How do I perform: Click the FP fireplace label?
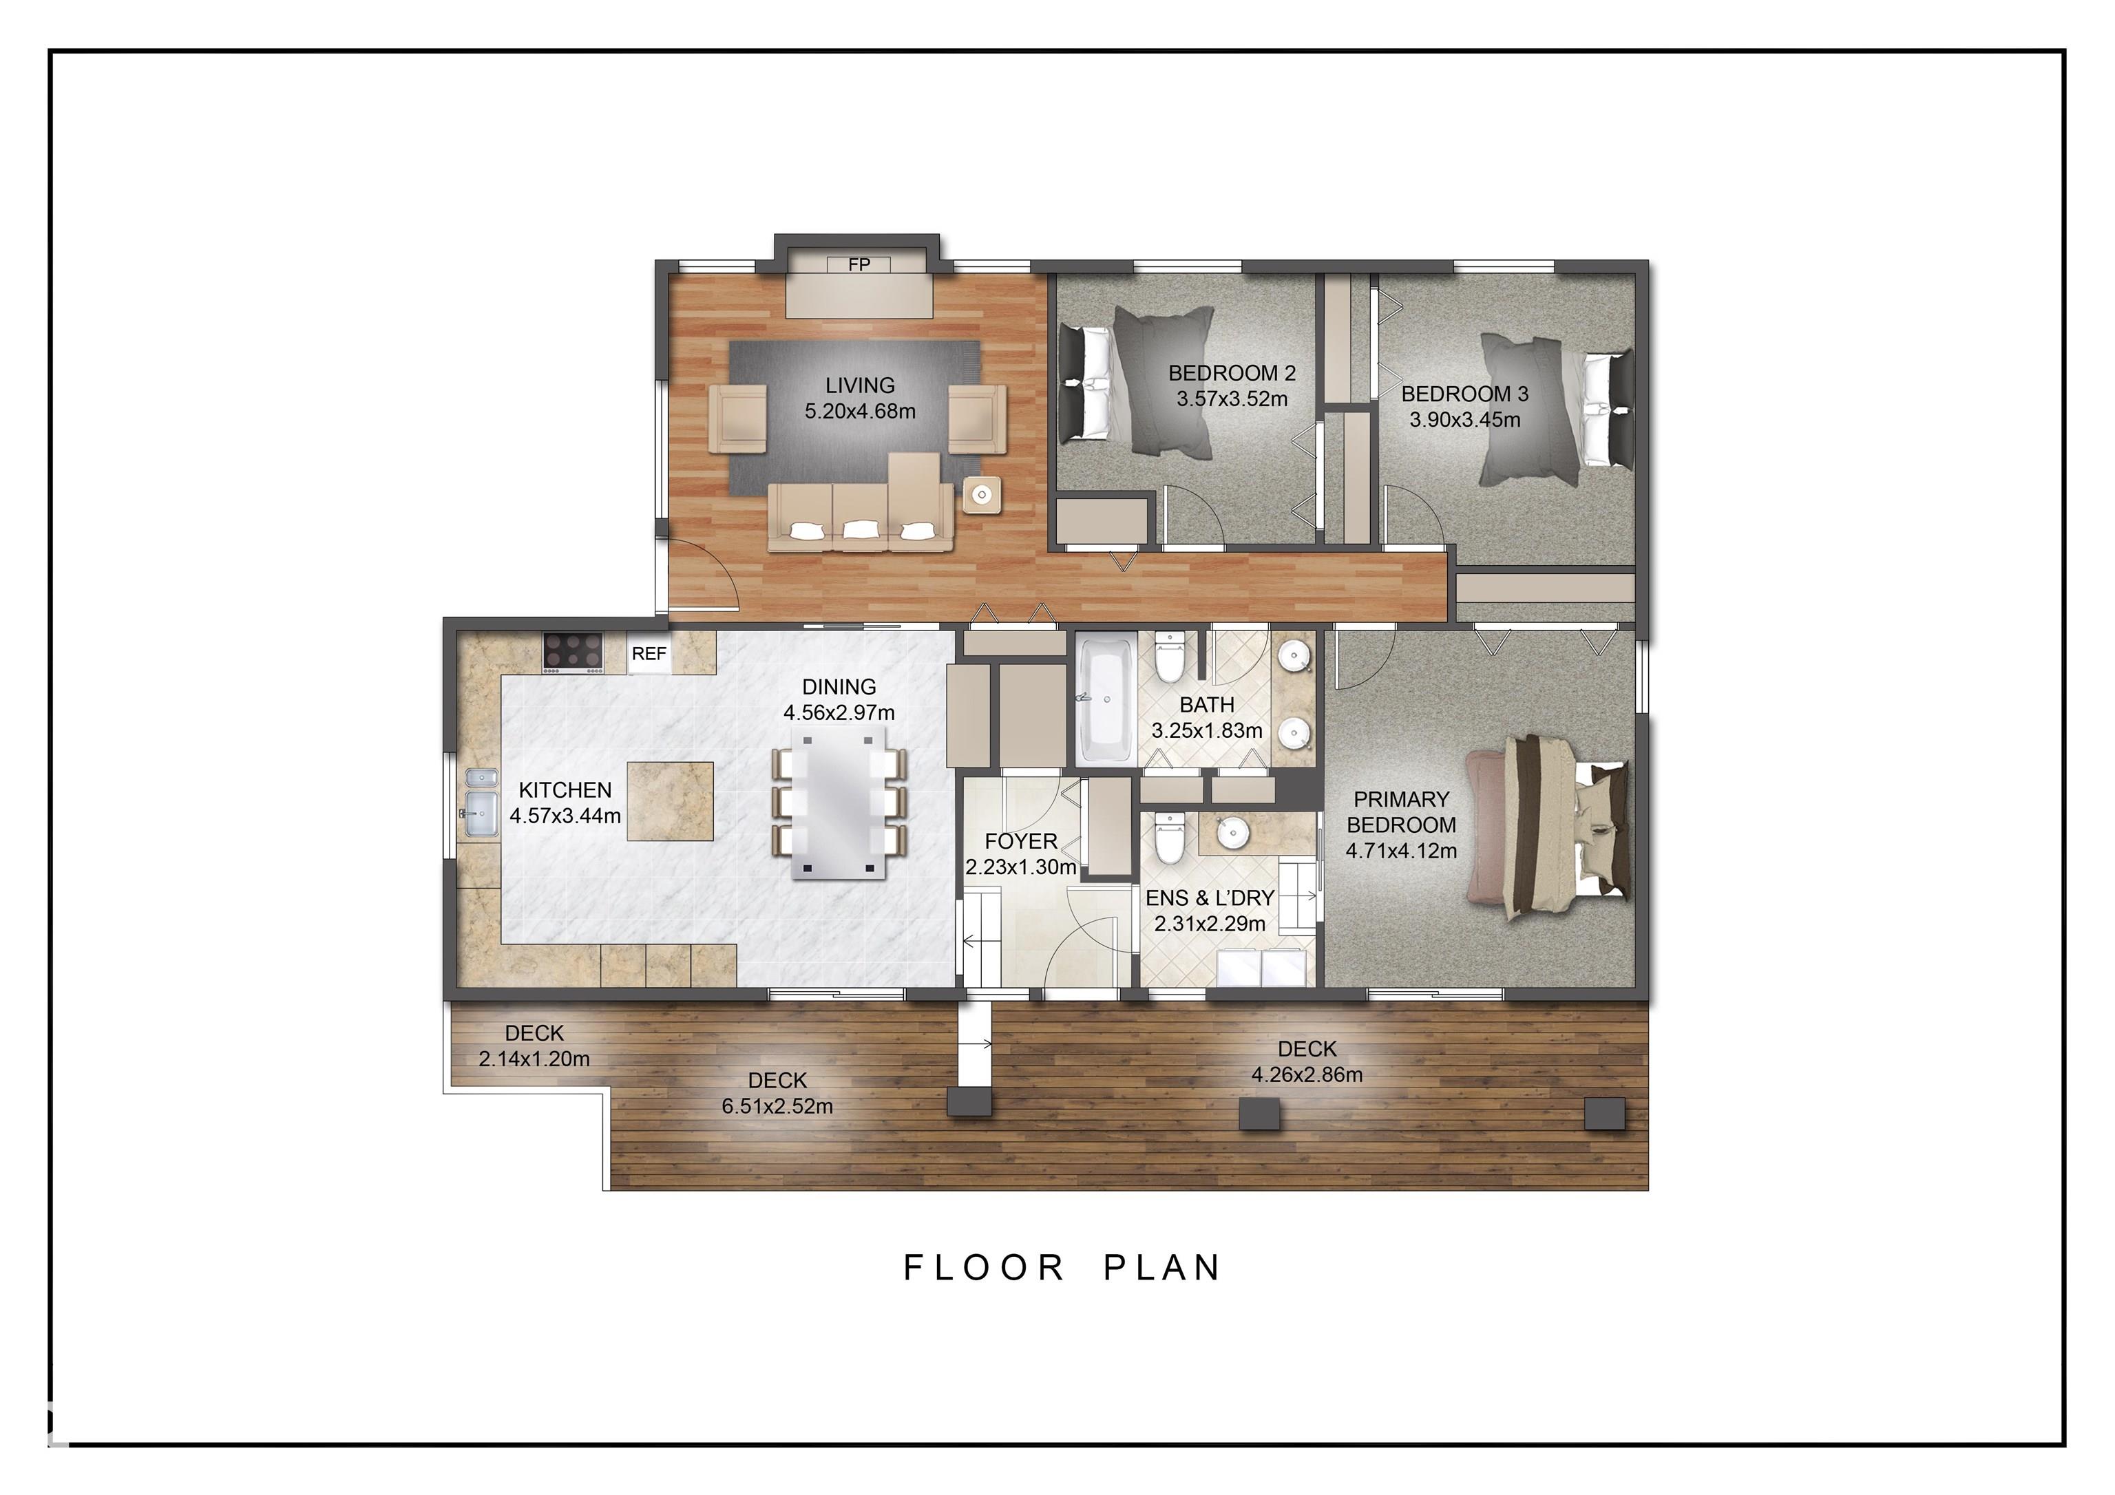(x=859, y=265)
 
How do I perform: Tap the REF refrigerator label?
(x=649, y=654)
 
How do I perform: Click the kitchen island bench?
(x=670, y=800)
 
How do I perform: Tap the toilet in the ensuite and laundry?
(x=1168, y=838)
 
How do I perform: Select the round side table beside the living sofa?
(x=982, y=496)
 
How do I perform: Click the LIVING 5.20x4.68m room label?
(x=859, y=398)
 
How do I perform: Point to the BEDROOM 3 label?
(x=1464, y=394)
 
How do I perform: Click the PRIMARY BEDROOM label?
(x=1401, y=812)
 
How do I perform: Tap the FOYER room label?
(x=1020, y=842)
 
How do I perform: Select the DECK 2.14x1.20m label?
(x=534, y=1046)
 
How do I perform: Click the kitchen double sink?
(x=481, y=803)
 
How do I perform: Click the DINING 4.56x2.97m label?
(x=839, y=700)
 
